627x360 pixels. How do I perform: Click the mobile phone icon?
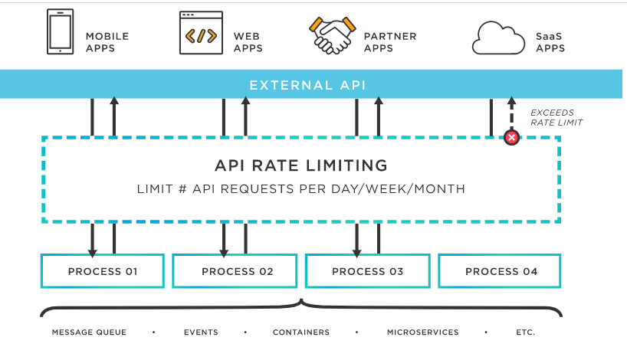pos(61,31)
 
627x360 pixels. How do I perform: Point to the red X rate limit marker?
pos(511,138)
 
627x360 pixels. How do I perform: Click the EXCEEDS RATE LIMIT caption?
pos(556,117)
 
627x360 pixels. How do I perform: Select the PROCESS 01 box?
pos(103,271)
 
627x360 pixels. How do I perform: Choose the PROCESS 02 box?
pos(237,271)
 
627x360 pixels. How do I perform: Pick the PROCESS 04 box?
pos(501,271)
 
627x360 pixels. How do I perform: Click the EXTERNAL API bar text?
pos(308,84)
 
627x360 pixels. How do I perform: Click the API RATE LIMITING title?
pos(300,165)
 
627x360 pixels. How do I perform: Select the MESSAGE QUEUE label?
pos(89,332)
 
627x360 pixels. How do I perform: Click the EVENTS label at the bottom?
pos(201,332)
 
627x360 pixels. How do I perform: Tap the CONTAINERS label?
pos(301,332)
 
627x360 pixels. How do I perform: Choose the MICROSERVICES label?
pos(422,332)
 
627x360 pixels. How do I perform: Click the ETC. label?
pos(525,332)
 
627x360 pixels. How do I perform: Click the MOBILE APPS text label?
pos(107,42)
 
